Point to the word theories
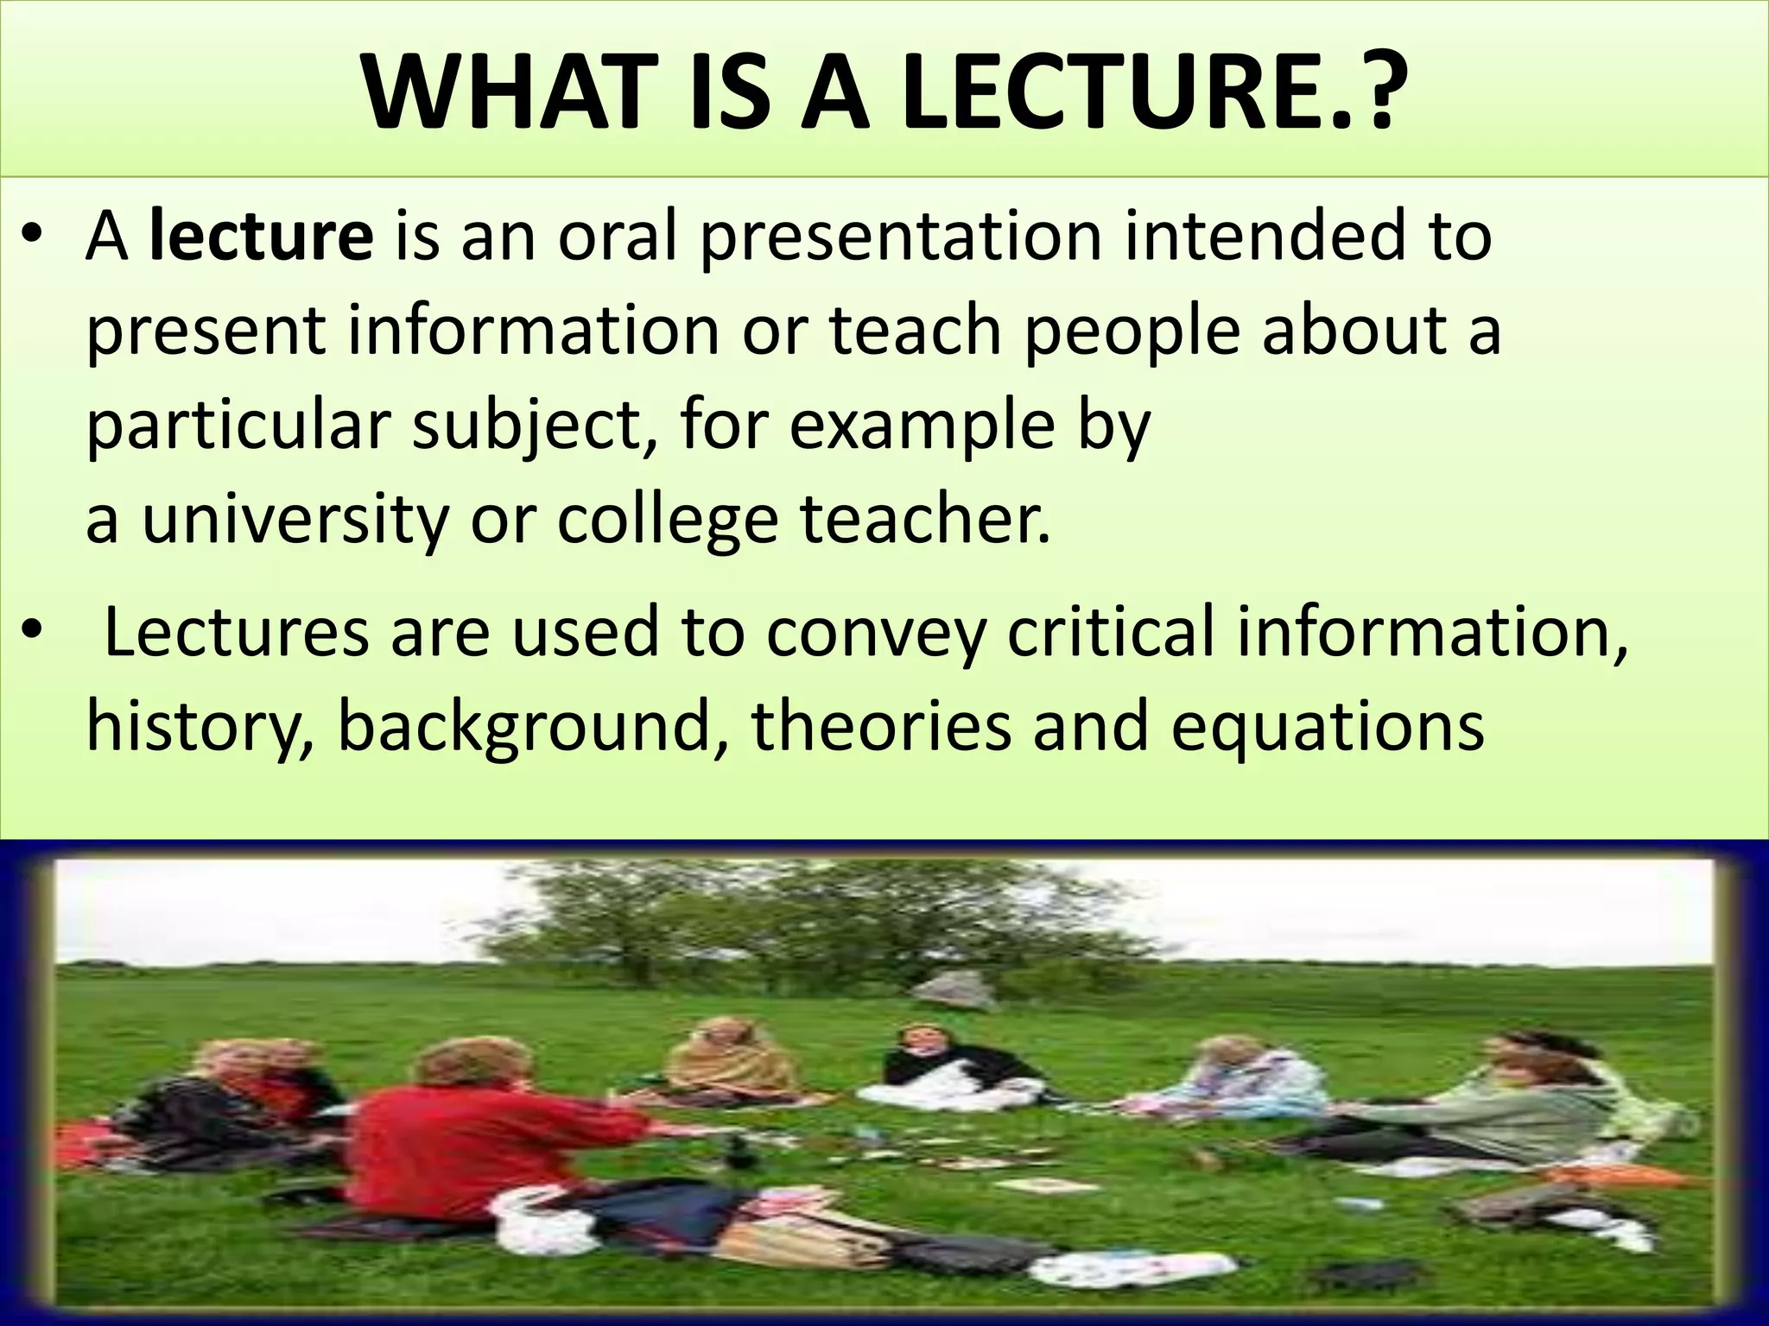[881, 727]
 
